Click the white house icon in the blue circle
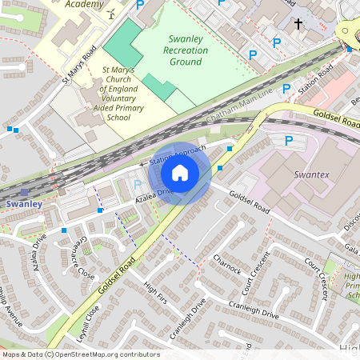[180, 173]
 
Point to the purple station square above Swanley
[25, 193]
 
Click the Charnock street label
[227, 265]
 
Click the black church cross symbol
[298, 25]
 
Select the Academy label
[85, 4]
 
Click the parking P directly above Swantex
[290, 141]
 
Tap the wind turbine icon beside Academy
[111, 14]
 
